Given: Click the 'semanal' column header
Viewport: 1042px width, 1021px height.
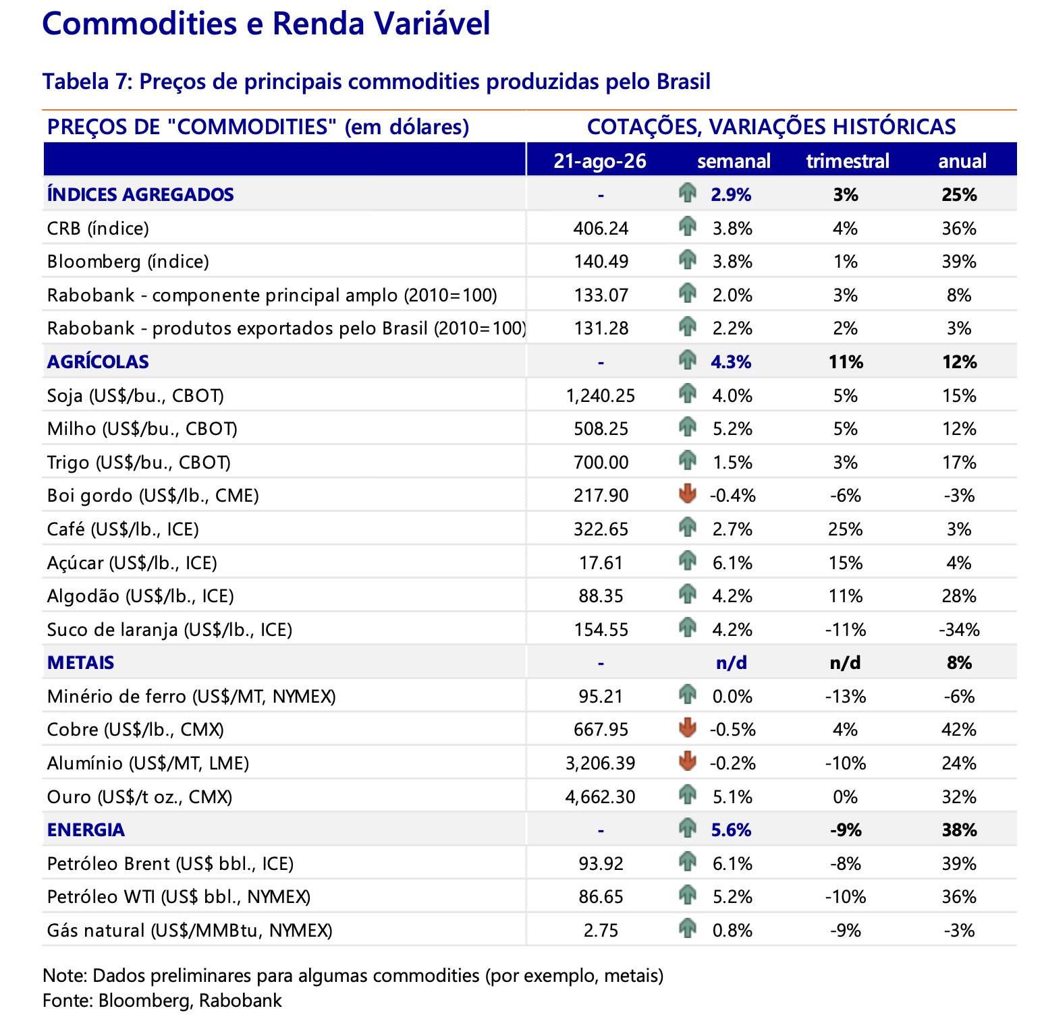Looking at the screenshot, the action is tap(734, 161).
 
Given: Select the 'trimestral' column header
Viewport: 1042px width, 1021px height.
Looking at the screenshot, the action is tap(848, 161).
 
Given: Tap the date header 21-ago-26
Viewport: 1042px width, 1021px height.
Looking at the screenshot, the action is tap(600, 161).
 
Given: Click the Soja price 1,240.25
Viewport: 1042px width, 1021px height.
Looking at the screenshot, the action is tap(601, 396).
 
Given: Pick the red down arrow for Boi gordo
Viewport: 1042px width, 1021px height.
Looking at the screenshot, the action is tap(687, 494).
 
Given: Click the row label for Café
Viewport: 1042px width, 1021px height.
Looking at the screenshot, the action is tap(123, 529).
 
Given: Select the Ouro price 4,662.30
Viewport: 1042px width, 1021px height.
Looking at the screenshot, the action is tap(601, 797).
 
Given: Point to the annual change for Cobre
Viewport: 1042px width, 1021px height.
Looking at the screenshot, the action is tap(959, 730).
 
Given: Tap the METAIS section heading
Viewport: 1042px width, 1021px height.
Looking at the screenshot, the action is tap(81, 663).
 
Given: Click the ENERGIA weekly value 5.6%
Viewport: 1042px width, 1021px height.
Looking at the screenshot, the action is tap(732, 830).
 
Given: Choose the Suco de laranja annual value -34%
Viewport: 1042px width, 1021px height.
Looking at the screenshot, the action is tap(959, 630).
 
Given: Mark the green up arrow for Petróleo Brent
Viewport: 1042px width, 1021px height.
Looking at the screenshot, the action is tap(687, 861).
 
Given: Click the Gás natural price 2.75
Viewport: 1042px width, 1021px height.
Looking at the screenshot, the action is tap(601, 931).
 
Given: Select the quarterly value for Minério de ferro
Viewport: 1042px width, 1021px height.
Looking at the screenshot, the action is tap(846, 697).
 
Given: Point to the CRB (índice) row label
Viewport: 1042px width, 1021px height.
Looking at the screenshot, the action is tap(98, 229).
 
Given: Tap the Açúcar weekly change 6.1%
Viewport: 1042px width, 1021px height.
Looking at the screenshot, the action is tap(733, 563).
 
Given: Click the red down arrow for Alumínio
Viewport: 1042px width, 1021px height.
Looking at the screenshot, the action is tap(687, 761).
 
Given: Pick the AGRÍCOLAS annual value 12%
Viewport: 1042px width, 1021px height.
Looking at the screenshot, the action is tap(960, 362).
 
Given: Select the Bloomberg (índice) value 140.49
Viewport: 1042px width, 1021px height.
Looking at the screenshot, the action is tap(601, 262).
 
